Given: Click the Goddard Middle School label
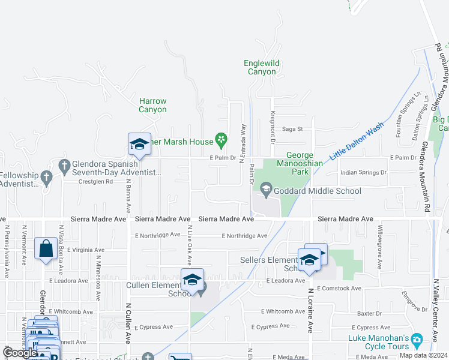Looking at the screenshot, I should pyautogui.click(x=318, y=191).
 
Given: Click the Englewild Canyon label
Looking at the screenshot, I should pyautogui.click(x=262, y=67).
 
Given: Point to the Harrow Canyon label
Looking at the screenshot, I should pyautogui.click(x=152, y=106).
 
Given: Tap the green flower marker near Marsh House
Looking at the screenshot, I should pyautogui.click(x=221, y=142).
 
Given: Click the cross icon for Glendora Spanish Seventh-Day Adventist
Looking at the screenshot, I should pyautogui.click(x=64, y=164).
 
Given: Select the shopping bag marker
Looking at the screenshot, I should pyautogui.click(x=46, y=248).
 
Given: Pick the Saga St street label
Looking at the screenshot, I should pyautogui.click(x=293, y=128).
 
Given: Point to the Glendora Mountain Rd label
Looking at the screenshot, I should pyautogui.click(x=427, y=176).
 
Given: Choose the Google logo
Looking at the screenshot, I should pyautogui.click(x=20, y=353).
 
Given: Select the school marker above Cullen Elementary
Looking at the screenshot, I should pyautogui.click(x=192, y=280).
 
